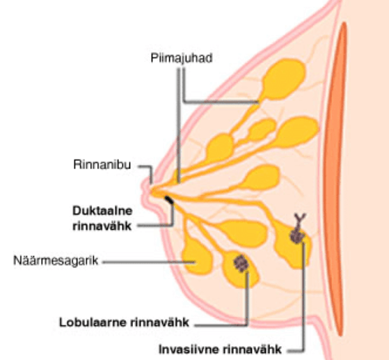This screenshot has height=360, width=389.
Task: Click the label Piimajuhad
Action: [x=182, y=58]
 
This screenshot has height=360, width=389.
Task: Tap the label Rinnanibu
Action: [x=102, y=164]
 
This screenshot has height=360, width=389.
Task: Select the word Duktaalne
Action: [x=102, y=211]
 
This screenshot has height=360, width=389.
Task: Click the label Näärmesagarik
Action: [x=56, y=261]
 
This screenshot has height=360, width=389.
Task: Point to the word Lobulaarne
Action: [x=93, y=322]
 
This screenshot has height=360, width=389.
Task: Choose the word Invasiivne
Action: [x=189, y=350]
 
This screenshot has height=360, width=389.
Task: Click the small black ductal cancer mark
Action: [x=169, y=200]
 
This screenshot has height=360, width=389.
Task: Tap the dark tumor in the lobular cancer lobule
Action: [x=241, y=263]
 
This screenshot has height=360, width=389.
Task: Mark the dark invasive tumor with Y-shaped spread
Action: [x=297, y=230]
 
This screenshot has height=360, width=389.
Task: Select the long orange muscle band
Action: [x=336, y=179]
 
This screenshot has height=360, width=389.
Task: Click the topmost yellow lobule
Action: [x=283, y=79]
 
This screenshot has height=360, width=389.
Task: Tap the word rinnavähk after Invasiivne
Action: [x=252, y=350]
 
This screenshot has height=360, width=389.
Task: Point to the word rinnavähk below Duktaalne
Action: [x=102, y=226]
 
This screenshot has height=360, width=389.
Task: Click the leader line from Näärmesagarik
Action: [x=149, y=262]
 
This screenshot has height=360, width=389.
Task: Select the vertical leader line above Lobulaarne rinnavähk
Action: [x=246, y=298]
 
